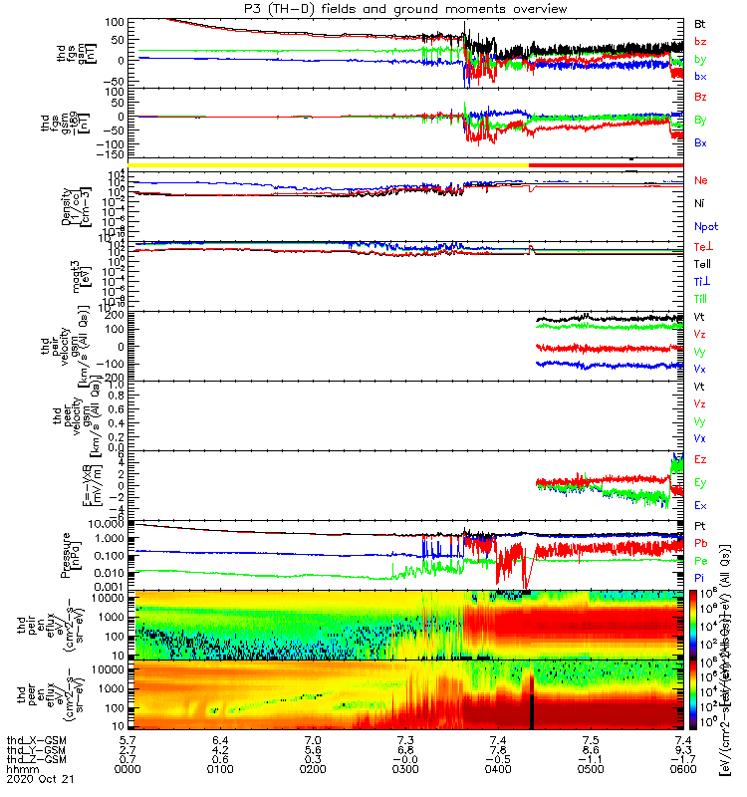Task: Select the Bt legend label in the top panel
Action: click(701, 22)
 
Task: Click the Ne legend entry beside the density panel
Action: click(701, 180)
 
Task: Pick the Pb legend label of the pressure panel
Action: click(701, 543)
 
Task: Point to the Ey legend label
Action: click(701, 483)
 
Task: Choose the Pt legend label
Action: click(701, 525)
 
